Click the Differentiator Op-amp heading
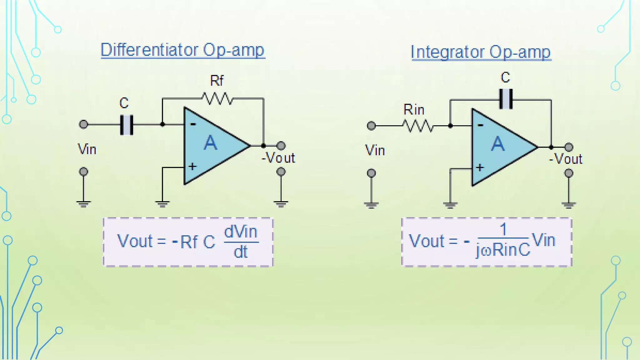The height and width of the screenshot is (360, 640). pyautogui.click(x=183, y=50)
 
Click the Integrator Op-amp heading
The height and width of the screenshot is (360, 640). pyautogui.click(x=481, y=52)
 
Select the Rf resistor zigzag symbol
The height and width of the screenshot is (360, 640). pyautogui.click(x=217, y=99)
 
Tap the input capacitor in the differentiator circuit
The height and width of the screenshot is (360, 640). pyautogui.click(x=127, y=125)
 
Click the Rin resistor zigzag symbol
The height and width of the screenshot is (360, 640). pyautogui.click(x=418, y=126)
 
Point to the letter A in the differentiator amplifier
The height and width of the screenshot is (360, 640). pyautogui.click(x=210, y=143)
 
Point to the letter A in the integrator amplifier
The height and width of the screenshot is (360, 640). pyautogui.click(x=498, y=144)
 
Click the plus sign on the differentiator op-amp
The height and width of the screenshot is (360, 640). pyautogui.click(x=192, y=166)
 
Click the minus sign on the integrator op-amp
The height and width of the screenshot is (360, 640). pyautogui.click(x=480, y=125)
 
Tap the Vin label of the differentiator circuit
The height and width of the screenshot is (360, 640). pyautogui.click(x=87, y=149)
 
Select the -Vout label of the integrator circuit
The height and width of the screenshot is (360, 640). pyautogui.click(x=566, y=159)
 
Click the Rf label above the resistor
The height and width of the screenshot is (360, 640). pyautogui.click(x=217, y=81)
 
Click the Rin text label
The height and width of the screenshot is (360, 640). pyautogui.click(x=414, y=110)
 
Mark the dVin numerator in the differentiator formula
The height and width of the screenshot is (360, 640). pyautogui.click(x=241, y=232)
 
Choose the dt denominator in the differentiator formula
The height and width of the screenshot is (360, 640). pyautogui.click(x=241, y=252)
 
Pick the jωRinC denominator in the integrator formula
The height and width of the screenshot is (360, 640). pyautogui.click(x=503, y=250)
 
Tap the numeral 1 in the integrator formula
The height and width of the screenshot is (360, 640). pyautogui.click(x=503, y=229)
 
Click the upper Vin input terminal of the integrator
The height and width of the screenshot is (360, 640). pyautogui.click(x=371, y=126)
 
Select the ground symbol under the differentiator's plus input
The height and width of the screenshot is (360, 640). pyautogui.click(x=162, y=204)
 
